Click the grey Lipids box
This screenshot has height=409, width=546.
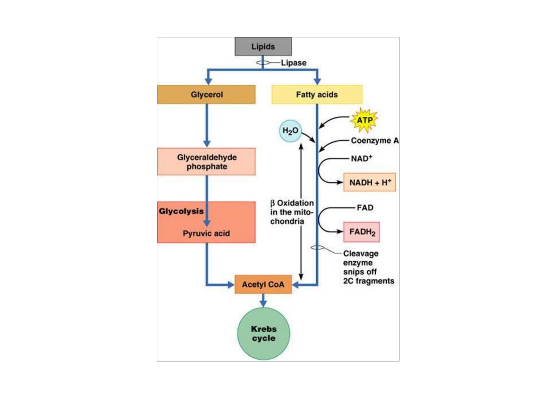click(263, 47)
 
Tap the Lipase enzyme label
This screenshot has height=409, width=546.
click(293, 63)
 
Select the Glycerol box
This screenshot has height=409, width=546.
click(206, 95)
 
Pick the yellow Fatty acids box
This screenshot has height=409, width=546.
click(317, 95)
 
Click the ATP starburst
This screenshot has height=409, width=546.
click(364, 120)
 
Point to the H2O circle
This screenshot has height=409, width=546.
click(290, 131)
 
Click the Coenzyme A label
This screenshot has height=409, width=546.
click(374, 140)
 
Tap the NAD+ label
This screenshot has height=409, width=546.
click(361, 158)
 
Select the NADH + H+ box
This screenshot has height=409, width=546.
click(370, 183)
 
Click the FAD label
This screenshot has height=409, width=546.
click(365, 208)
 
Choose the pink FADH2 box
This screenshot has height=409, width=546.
click(362, 232)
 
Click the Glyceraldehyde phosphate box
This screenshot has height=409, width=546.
click(206, 162)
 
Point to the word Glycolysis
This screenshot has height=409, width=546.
click(181, 211)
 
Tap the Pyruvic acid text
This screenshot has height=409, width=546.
click(206, 233)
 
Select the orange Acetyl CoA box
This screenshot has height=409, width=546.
click(263, 284)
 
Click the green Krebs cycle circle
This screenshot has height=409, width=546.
click(264, 334)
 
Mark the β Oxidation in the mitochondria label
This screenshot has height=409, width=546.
click(292, 212)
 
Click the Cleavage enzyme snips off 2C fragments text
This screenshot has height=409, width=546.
click(368, 267)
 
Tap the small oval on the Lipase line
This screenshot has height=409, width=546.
click(263, 62)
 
